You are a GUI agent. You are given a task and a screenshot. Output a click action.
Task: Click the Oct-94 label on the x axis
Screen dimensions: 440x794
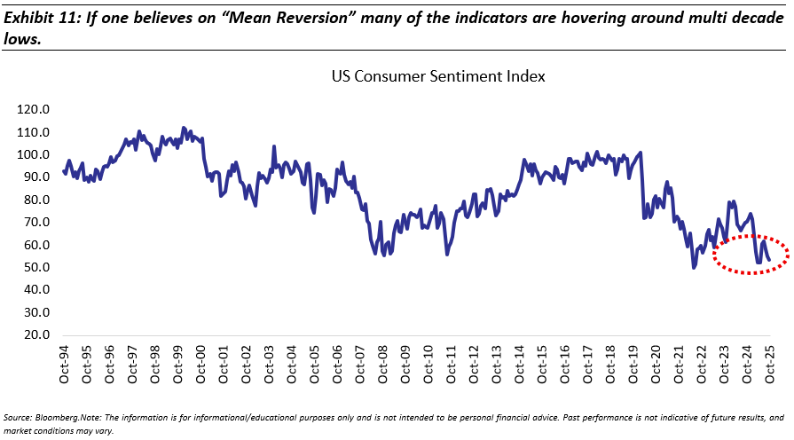(x=65, y=365)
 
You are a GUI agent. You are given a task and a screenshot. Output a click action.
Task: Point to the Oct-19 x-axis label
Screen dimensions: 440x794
(x=633, y=365)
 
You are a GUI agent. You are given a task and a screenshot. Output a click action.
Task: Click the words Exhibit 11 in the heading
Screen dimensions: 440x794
(x=38, y=12)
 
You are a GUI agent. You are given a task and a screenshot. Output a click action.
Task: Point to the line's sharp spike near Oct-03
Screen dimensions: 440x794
(x=274, y=146)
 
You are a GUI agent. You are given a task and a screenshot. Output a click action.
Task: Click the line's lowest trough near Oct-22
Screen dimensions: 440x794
(x=694, y=267)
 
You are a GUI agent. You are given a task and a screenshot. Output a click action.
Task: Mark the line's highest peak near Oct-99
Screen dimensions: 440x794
(x=183, y=128)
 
